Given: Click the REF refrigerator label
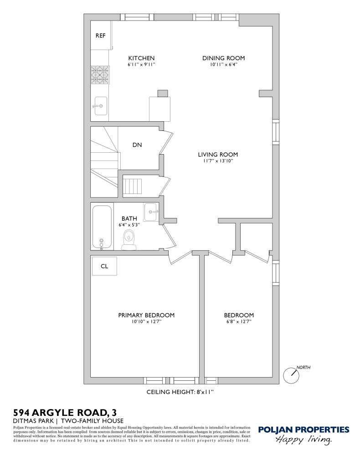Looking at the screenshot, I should [x=100, y=36].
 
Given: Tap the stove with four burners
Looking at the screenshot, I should [x=100, y=75].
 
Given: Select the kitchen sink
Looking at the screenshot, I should [x=100, y=106].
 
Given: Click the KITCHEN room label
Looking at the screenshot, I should [x=141, y=58].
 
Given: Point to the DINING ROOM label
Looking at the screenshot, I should [x=223, y=58].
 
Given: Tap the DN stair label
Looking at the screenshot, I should [x=137, y=145].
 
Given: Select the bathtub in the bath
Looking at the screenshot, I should [x=102, y=227].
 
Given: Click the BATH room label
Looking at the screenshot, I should [x=129, y=219].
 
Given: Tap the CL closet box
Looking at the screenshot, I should [x=104, y=266].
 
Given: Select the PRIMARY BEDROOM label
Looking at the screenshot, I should [x=146, y=315].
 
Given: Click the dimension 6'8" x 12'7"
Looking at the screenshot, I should [x=238, y=321].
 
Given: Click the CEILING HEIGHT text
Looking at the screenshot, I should [x=180, y=392].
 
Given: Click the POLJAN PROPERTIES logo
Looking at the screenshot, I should [x=303, y=430].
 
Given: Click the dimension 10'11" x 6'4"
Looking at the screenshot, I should [x=223, y=65].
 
